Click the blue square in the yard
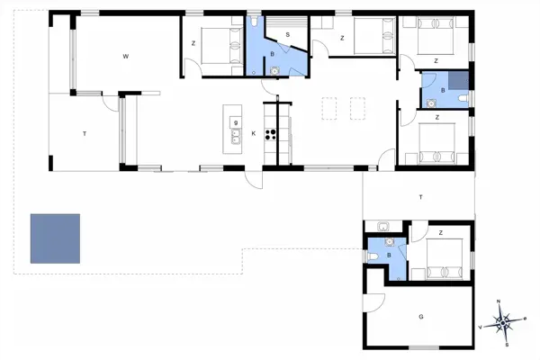55,238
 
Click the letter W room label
126,56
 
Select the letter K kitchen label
254,134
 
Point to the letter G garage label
420,317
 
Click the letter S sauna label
287,35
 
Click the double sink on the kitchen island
236,137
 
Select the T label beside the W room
85,133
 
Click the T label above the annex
419,195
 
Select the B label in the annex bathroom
388,256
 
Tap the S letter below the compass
508,344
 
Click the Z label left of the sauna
193,42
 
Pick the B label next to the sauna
273,54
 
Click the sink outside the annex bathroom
383,227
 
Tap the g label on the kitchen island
235,122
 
